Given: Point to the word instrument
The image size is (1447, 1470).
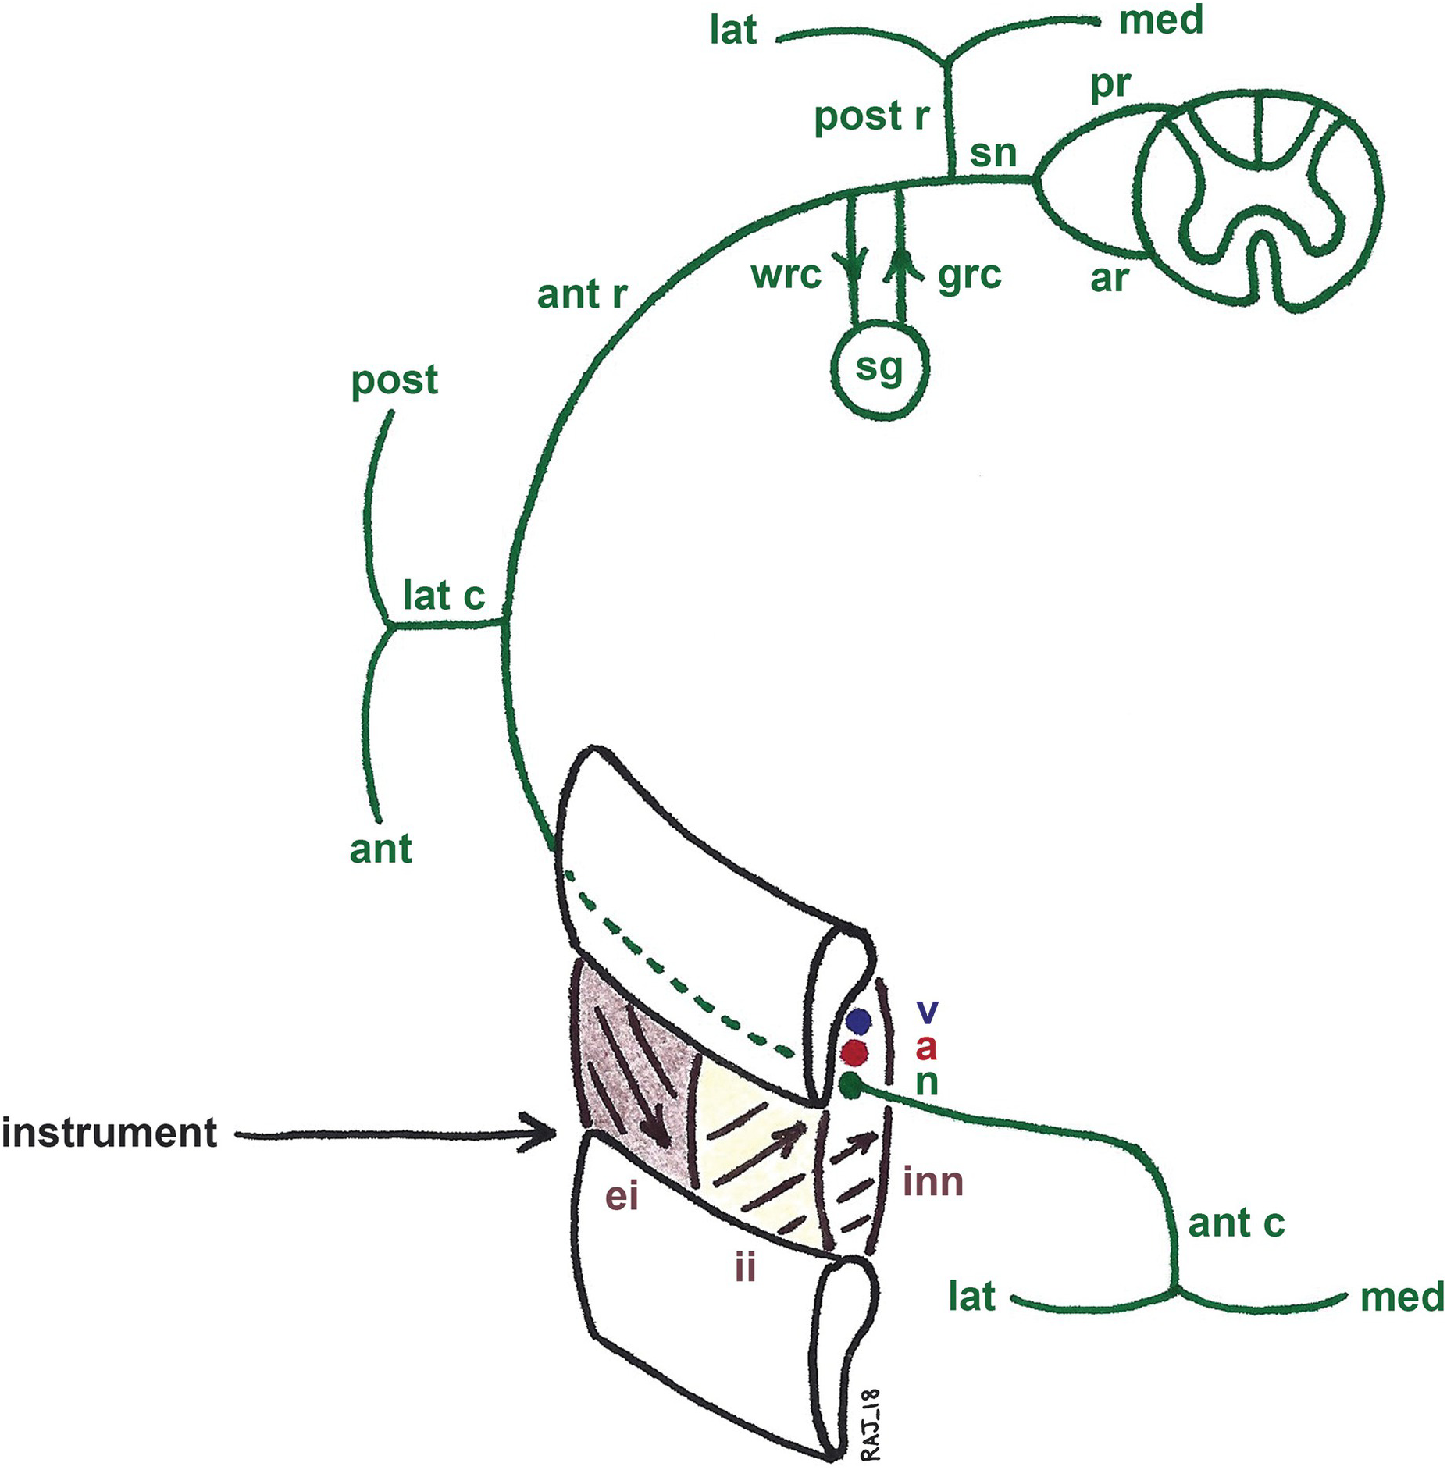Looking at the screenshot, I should pos(109,1134).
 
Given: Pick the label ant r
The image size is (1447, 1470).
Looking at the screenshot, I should pos(583,295).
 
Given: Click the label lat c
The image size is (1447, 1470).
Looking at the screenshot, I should pos(444,597).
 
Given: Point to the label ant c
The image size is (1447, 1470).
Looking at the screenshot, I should pos(1235,1223).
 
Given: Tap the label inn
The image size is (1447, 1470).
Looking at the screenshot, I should pos(932,1183).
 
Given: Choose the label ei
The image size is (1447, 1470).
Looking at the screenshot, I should pos(622,1196).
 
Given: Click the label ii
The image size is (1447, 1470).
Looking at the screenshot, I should pos(745,1267).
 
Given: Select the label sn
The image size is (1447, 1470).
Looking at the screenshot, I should pos(993,154).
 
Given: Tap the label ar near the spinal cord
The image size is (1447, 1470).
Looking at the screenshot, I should pos(1109,277).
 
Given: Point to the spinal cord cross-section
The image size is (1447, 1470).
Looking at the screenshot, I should pos(1260,201).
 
